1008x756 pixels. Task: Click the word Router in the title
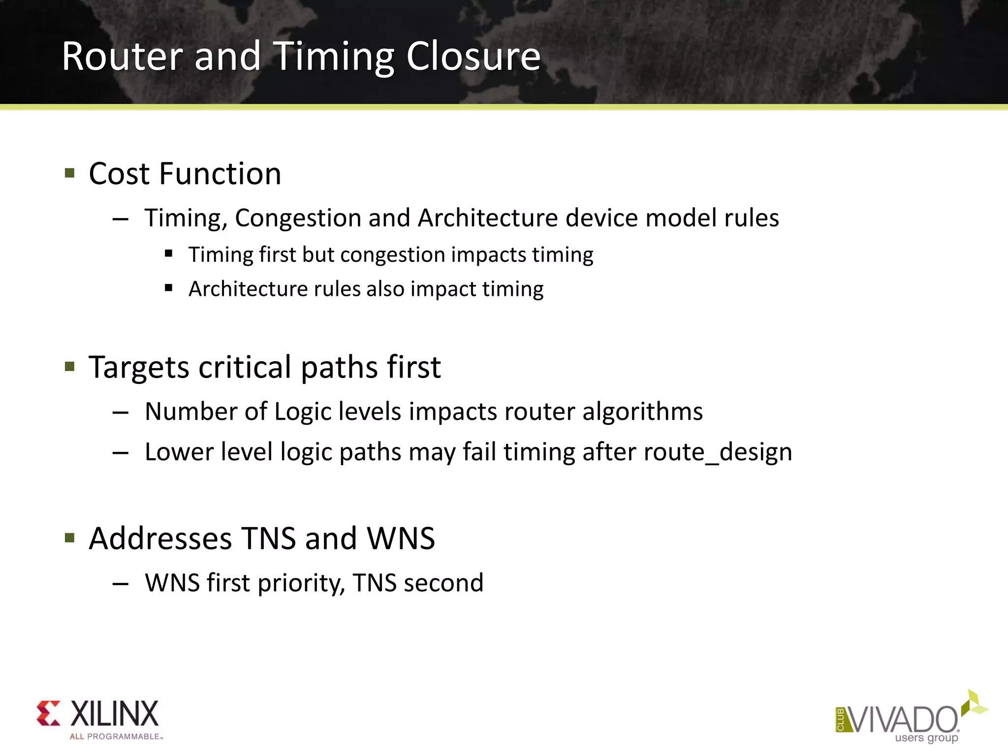[123, 56]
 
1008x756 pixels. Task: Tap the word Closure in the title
[473, 56]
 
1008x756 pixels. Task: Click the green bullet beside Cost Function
[70, 173]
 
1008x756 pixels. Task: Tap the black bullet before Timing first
[169, 254]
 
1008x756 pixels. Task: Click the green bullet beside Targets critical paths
[70, 367]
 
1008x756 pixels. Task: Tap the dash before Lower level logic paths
[121, 452]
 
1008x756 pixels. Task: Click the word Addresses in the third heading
[160, 538]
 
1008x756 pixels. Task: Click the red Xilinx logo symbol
[49, 713]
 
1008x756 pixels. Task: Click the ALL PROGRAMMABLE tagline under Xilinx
[116, 737]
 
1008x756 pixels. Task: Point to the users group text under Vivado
[926, 738]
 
